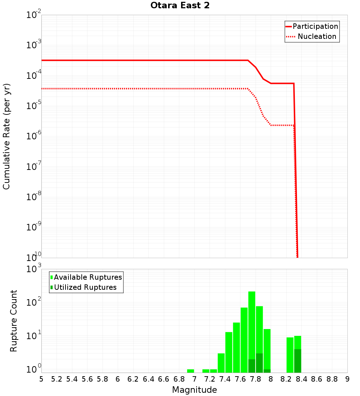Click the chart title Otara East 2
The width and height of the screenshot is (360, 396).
tap(180, 6)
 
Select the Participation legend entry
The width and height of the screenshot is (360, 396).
tap(312, 26)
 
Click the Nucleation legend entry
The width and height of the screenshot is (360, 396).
tap(312, 36)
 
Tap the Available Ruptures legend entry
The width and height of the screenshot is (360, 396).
tap(86, 277)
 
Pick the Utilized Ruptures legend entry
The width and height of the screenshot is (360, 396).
tap(84, 287)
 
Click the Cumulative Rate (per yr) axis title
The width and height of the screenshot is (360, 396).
tap(6, 136)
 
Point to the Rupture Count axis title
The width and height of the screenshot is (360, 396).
tap(14, 321)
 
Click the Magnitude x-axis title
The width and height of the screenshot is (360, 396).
tap(194, 390)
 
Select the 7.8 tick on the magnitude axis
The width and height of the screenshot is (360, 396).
tap(256, 379)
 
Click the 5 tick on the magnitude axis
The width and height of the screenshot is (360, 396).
tap(41, 379)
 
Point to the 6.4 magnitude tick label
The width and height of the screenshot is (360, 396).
tap(148, 379)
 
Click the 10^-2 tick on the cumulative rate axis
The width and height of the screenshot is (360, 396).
tap(34, 15)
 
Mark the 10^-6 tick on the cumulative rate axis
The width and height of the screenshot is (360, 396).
tap(34, 136)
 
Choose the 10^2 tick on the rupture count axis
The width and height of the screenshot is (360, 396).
tap(34, 302)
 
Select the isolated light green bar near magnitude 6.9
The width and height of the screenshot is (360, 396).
tap(190, 371)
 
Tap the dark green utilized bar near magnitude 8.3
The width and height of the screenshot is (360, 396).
tap(297, 361)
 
